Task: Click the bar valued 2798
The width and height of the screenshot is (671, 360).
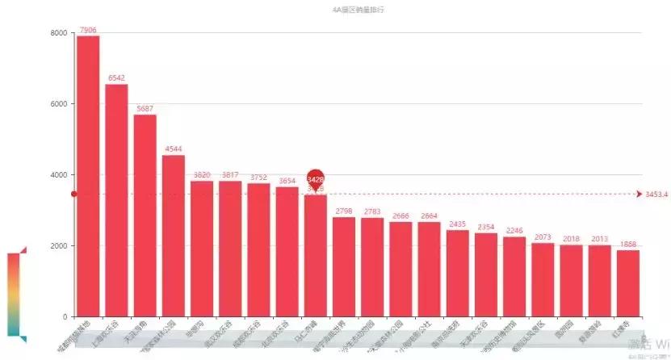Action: point(344,266)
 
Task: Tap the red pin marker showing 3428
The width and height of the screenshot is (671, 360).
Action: point(316,179)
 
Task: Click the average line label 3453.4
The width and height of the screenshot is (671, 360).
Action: point(656,195)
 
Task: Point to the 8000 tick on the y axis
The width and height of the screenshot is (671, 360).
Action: point(58,33)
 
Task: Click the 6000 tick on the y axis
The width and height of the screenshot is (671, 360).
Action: point(58,104)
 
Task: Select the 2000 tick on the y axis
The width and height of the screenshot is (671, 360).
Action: point(58,246)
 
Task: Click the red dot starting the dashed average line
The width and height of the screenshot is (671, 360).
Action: point(73,194)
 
